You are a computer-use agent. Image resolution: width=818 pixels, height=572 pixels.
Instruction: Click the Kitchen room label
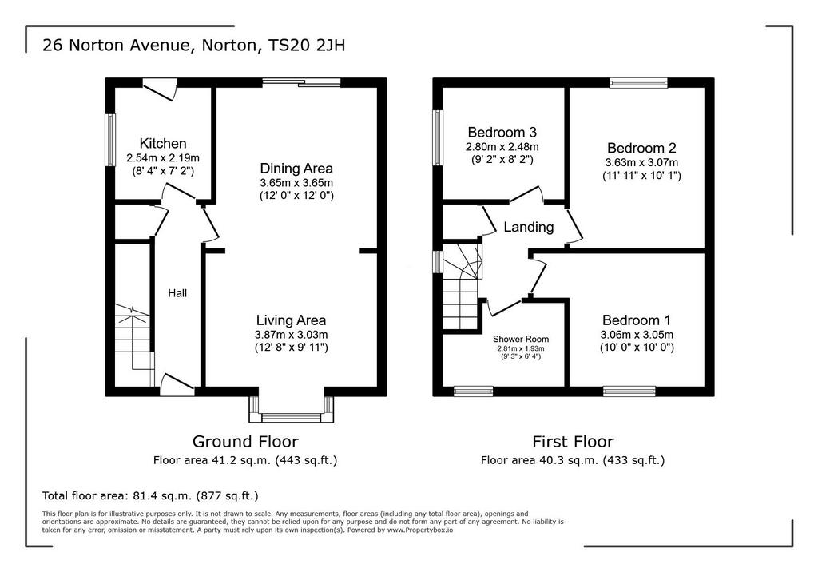pyautogui.click(x=163, y=144)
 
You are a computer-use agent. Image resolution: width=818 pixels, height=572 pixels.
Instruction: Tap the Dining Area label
pyautogui.click(x=296, y=169)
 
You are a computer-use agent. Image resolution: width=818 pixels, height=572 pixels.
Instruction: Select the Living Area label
pyautogui.click(x=291, y=320)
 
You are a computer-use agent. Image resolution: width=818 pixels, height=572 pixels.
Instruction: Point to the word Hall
pyautogui.click(x=177, y=293)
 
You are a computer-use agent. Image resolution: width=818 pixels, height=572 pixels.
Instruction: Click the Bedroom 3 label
pyautogui.click(x=502, y=132)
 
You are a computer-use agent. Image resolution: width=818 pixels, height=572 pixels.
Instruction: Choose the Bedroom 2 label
pyautogui.click(x=641, y=148)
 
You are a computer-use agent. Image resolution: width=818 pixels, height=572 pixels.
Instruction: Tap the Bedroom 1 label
pyautogui.click(x=637, y=320)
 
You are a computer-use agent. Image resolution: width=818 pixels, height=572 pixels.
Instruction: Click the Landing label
pyautogui.click(x=529, y=227)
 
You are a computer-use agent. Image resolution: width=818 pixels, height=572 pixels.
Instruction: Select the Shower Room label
pyautogui.click(x=521, y=340)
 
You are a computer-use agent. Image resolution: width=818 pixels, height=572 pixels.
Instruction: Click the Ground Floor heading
pyautogui.click(x=245, y=442)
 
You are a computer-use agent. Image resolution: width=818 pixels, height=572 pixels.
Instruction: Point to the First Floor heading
pyautogui.click(x=573, y=442)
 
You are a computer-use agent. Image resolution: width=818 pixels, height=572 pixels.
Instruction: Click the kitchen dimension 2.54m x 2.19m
pyautogui.click(x=163, y=157)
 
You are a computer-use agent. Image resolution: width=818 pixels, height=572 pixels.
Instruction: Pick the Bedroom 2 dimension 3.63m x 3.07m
pyautogui.click(x=641, y=162)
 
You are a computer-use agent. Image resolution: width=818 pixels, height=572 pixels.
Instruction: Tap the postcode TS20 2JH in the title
pyautogui.click(x=306, y=46)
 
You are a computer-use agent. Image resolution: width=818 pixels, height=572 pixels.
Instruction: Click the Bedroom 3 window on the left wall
pyautogui.click(x=439, y=137)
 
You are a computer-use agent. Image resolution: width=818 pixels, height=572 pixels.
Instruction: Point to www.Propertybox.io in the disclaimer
pyautogui.click(x=420, y=530)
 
